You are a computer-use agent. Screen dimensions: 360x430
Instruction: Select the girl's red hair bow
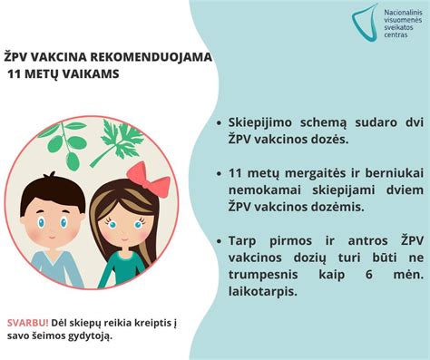(148, 179)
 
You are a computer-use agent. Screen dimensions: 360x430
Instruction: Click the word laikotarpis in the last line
(262, 292)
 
